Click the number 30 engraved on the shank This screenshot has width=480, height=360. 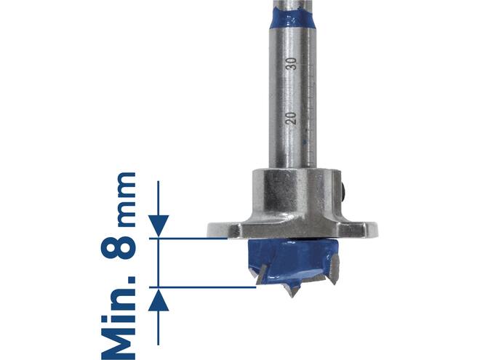[x=292, y=64]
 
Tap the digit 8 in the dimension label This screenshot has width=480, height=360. [x=118, y=244]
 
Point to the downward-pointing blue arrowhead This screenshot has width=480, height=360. [x=159, y=225]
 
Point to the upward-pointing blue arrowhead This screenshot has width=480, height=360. [x=159, y=300]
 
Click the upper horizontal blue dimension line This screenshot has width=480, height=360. [x=188, y=238]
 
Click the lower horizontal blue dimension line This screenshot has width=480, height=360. [x=203, y=287]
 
